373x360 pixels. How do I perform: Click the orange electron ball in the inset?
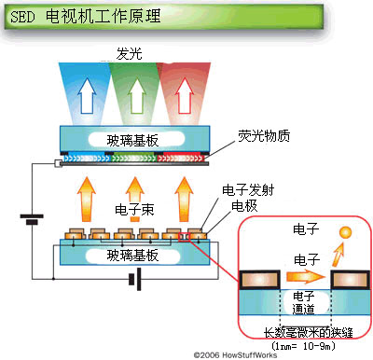(346, 231)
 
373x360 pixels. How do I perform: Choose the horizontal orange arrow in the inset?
(298, 276)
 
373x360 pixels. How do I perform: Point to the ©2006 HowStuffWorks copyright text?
(237, 354)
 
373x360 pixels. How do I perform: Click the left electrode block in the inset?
(260, 277)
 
